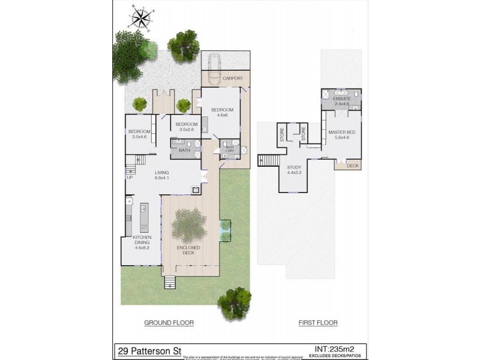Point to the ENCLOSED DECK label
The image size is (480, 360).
188,250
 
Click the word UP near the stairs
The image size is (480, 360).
129,177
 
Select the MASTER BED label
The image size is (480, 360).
338,133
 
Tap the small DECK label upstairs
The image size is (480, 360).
353,166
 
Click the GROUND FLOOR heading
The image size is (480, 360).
169,323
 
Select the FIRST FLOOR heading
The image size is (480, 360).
318,323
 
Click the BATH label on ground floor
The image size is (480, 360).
184,150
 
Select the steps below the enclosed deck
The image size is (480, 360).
170,282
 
